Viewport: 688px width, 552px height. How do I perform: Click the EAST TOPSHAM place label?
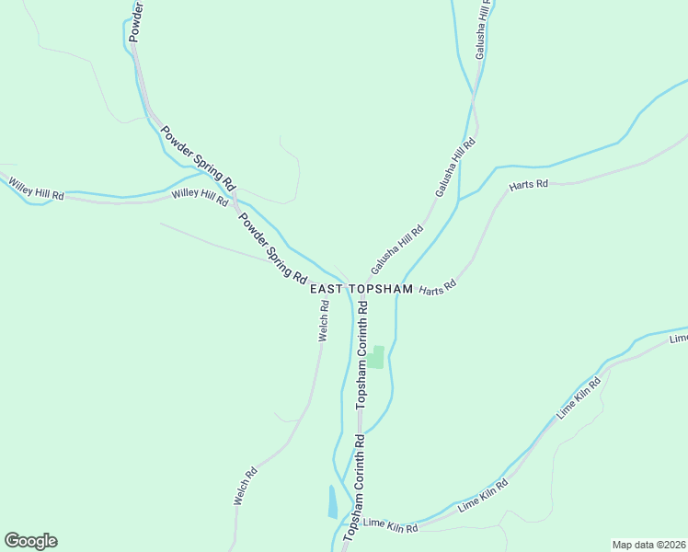[361, 289]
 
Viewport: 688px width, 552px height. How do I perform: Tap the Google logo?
[30, 541]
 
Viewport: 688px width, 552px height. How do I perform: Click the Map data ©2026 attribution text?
[649, 545]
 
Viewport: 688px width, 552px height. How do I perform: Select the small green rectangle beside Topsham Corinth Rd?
[377, 357]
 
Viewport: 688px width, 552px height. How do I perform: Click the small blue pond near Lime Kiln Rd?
[332, 502]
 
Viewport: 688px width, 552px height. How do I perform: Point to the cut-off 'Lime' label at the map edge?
[679, 339]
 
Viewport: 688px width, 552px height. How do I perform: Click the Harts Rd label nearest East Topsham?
[438, 289]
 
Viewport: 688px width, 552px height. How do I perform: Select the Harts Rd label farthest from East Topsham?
[528, 185]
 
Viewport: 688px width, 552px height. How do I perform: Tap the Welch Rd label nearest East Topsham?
[324, 321]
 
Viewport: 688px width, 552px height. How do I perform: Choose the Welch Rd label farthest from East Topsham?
[245, 488]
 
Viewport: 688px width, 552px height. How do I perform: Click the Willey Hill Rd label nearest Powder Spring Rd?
[200, 195]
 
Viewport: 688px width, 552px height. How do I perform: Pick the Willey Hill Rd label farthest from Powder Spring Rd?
[36, 190]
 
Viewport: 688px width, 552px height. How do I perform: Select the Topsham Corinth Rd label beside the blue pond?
[355, 490]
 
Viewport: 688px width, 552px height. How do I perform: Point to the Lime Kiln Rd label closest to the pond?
[391, 526]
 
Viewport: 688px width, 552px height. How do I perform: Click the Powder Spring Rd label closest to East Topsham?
[272, 248]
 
